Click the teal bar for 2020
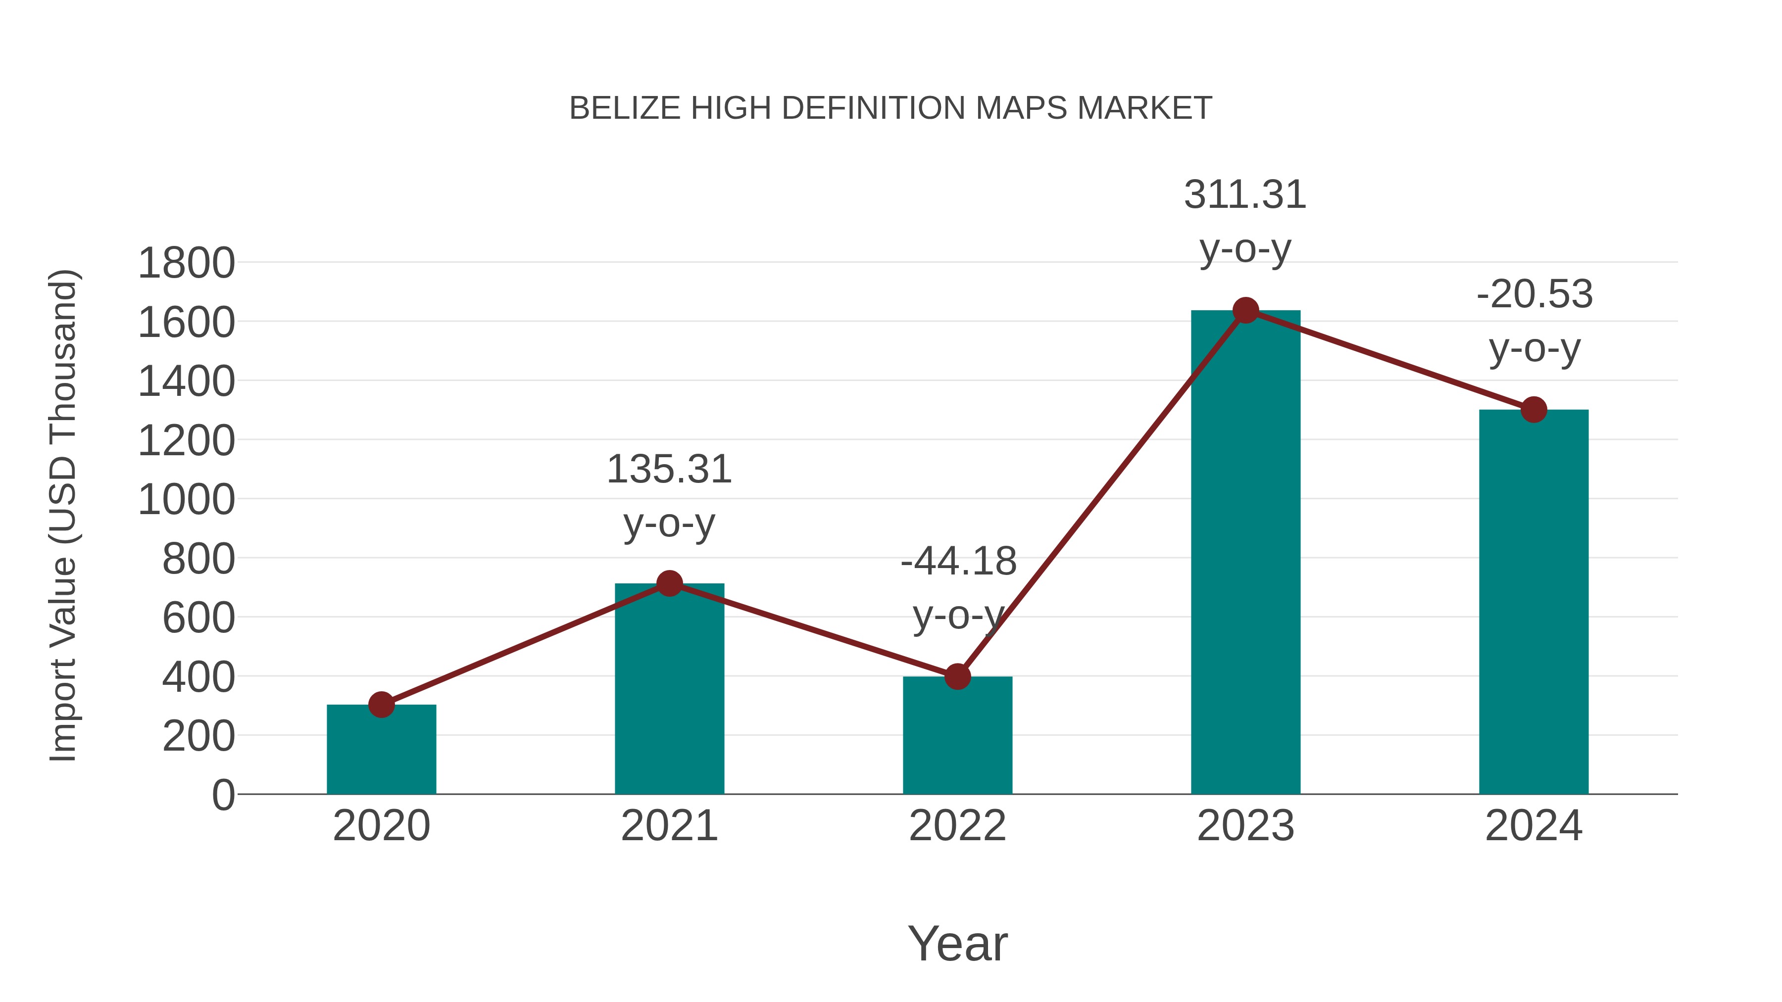point(381,750)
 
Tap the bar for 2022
point(957,736)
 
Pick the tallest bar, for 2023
point(1245,553)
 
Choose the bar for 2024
point(1534,602)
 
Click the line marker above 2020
point(381,705)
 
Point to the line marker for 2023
point(1245,310)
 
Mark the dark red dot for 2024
point(1534,409)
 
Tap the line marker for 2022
point(957,676)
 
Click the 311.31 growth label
point(1245,195)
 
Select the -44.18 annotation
point(958,562)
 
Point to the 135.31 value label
point(669,470)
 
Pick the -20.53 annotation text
point(1534,294)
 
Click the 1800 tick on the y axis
point(186,263)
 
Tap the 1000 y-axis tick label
point(186,500)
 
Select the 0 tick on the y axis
point(223,795)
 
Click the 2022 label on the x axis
point(957,826)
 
